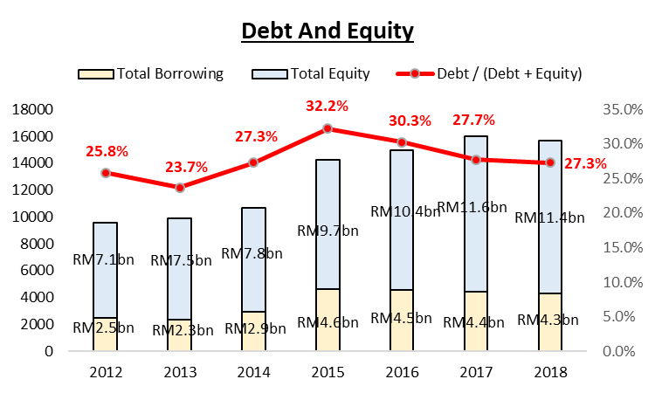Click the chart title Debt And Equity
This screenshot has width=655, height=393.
pos(327,32)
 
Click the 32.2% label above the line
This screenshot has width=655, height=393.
pos(327,107)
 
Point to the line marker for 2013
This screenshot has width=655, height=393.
pos(180,188)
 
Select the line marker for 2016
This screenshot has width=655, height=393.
pos(402,142)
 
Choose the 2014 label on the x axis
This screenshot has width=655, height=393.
pos(253,372)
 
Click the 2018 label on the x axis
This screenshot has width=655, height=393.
pos(549,372)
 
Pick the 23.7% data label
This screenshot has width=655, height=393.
pos(181,168)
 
